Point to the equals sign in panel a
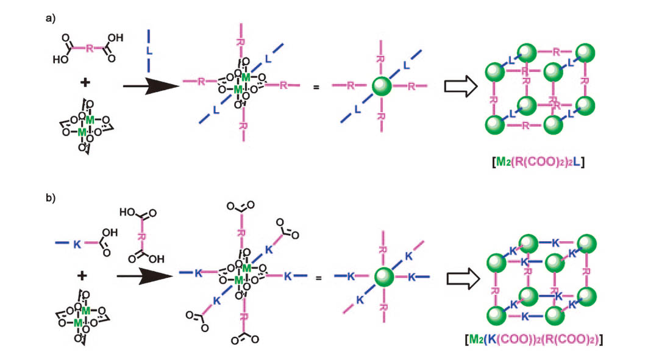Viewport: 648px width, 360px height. coord(316,88)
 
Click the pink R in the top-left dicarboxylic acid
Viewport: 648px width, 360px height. coord(89,49)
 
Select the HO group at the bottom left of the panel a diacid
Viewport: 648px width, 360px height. coord(63,60)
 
